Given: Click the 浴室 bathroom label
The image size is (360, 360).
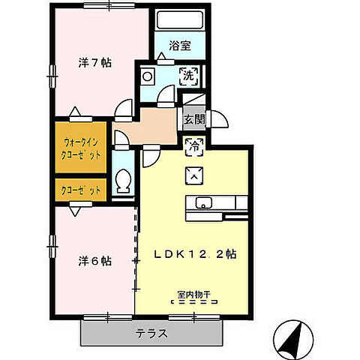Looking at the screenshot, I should [x=180, y=46].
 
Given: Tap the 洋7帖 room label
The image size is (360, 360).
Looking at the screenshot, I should [x=95, y=64].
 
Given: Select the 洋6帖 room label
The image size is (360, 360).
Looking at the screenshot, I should [x=95, y=262].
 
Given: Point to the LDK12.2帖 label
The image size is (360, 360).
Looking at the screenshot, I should [x=196, y=254].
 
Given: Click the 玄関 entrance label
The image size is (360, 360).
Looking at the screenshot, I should [x=192, y=118].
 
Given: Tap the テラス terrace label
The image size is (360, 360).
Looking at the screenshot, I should [x=151, y=332].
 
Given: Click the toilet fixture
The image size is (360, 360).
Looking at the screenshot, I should [x=124, y=182].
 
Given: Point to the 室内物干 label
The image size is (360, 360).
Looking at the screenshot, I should [x=193, y=294].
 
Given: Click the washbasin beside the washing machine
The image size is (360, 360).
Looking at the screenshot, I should [x=148, y=75].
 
